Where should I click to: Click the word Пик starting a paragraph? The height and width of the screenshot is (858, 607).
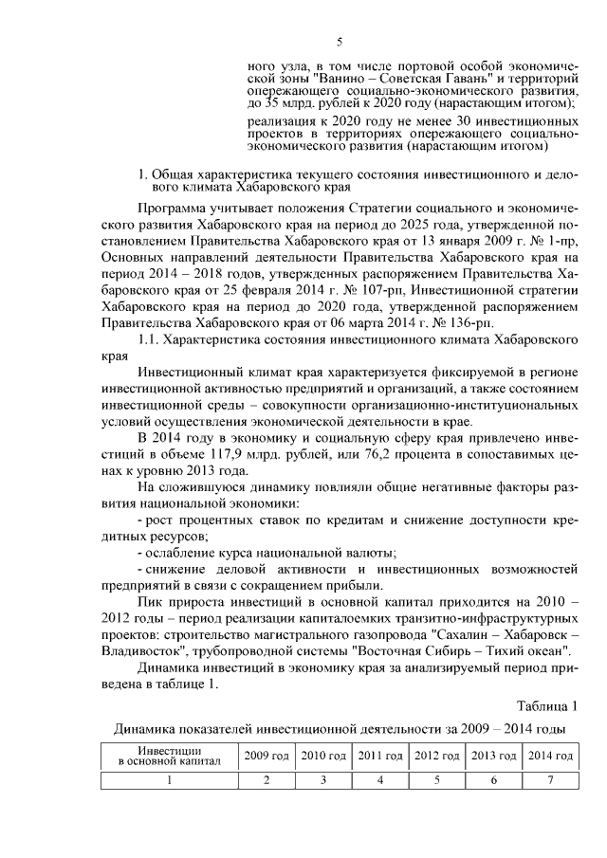click(x=151, y=603)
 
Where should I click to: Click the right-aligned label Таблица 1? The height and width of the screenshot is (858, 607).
click(x=545, y=707)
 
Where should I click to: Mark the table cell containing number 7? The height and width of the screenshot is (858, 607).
click(x=550, y=780)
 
